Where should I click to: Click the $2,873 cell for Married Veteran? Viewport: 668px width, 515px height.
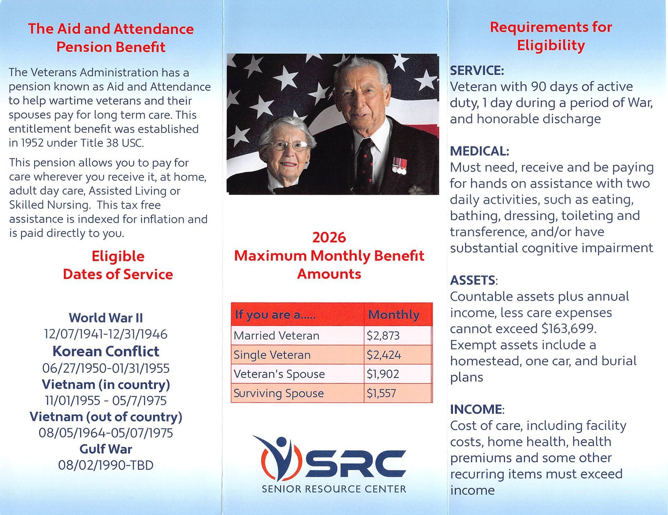pyautogui.click(x=383, y=335)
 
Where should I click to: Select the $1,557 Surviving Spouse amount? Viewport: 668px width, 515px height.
pyautogui.click(x=381, y=393)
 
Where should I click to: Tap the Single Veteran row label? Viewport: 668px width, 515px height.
pyautogui.click(x=272, y=355)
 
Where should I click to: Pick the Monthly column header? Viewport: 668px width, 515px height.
pyautogui.click(x=393, y=315)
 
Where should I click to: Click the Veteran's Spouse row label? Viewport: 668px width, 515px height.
pyautogui.click(x=279, y=374)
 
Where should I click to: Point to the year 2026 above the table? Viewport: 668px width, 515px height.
pyautogui.click(x=329, y=237)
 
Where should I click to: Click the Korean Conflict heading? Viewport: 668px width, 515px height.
pyautogui.click(x=106, y=351)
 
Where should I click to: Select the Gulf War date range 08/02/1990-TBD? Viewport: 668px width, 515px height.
pyautogui.click(x=106, y=465)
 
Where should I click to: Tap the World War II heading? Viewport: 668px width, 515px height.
pyautogui.click(x=106, y=318)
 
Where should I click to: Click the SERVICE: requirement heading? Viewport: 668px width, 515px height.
pyautogui.click(x=477, y=71)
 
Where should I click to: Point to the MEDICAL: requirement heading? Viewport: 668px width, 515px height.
pyautogui.click(x=479, y=151)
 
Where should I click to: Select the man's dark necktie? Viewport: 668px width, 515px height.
pyautogui.click(x=365, y=164)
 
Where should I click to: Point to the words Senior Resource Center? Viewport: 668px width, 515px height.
pyautogui.click(x=334, y=489)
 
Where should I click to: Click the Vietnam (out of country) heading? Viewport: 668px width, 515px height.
pyautogui.click(x=106, y=417)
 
